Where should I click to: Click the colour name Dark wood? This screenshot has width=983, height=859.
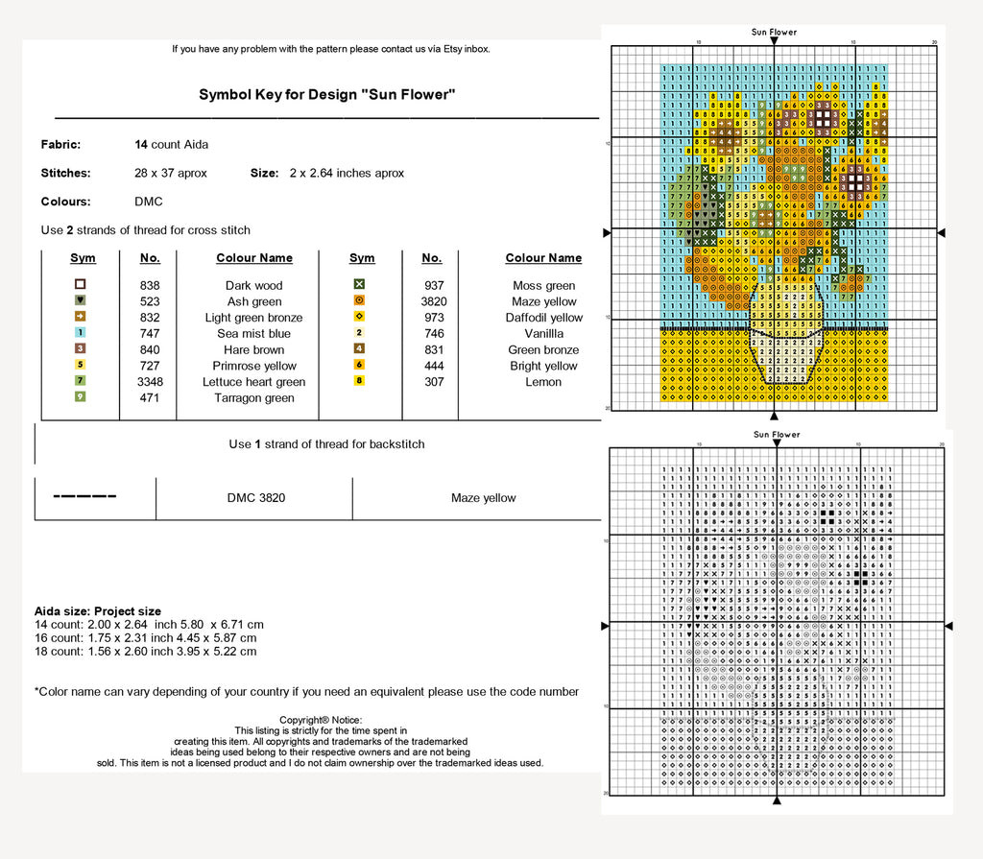pyautogui.click(x=254, y=285)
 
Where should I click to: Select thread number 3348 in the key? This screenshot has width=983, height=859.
pyautogui.click(x=150, y=382)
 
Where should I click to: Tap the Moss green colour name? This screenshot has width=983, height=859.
pyautogui.click(x=543, y=286)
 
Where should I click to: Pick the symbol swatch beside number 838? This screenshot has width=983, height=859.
pyautogui.click(x=81, y=285)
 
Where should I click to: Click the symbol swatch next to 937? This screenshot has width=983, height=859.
pyautogui.click(x=359, y=285)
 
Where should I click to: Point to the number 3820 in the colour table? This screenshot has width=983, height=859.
pyautogui.click(x=434, y=301)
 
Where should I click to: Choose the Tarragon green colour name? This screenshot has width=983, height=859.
pyautogui.click(x=254, y=398)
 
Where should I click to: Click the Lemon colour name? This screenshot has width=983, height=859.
pyautogui.click(x=543, y=382)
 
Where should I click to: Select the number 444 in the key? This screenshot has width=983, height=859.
pyautogui.click(x=434, y=366)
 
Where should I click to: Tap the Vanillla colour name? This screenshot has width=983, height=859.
pyautogui.click(x=543, y=334)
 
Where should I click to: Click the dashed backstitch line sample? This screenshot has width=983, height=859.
pyautogui.click(x=84, y=497)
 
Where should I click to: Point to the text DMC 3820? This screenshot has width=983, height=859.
pyautogui.click(x=256, y=498)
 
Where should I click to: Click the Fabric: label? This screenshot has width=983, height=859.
pyautogui.click(x=60, y=145)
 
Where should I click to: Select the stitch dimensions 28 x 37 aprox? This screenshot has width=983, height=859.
pyautogui.click(x=171, y=174)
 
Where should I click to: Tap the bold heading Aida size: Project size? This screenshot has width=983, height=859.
pyautogui.click(x=98, y=611)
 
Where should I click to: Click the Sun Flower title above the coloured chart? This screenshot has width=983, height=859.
pyautogui.click(x=774, y=33)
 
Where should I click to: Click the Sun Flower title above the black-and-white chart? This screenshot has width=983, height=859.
pyautogui.click(x=777, y=435)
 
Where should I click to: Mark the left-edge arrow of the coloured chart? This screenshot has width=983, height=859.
pyautogui.click(x=606, y=233)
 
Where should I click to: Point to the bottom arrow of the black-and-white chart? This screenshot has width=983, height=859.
pyautogui.click(x=777, y=801)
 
